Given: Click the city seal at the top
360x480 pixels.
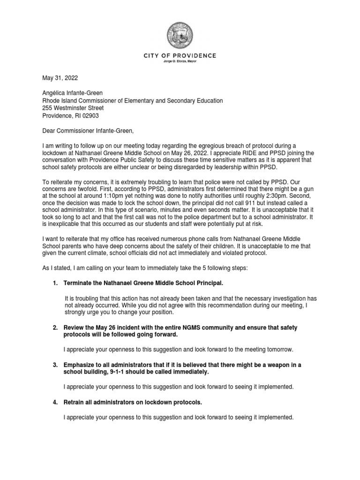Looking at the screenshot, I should (x=180, y=36).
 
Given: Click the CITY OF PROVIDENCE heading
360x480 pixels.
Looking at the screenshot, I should (x=180, y=56).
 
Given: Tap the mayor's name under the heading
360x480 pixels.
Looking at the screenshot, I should (x=180, y=61).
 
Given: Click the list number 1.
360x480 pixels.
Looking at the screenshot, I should (x=55, y=284).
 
